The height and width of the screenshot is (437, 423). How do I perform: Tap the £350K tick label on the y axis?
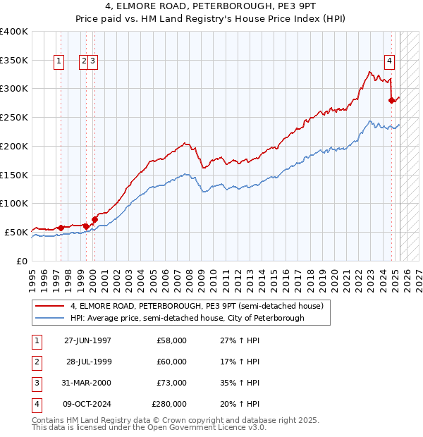(14, 61)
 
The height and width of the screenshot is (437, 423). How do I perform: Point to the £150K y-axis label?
(14, 175)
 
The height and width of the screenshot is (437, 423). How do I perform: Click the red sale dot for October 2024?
(391, 101)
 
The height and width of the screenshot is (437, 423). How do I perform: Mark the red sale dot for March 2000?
(94, 219)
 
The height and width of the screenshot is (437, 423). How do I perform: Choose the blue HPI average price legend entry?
(186, 319)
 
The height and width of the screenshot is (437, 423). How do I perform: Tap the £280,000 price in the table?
(169, 404)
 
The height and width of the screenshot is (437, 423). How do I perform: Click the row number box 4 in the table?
(35, 404)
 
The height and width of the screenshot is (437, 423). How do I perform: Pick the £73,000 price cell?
(171, 383)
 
